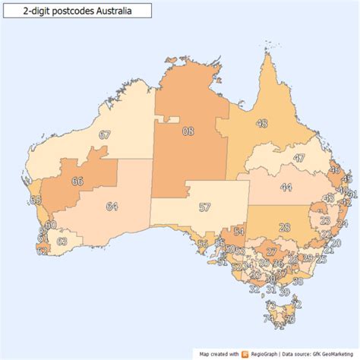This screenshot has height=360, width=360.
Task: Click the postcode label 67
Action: click(105, 134)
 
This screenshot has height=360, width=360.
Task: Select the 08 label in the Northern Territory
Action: click(188, 131)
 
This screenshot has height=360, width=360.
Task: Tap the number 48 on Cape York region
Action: click(262, 123)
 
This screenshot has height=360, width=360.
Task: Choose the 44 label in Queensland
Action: click(287, 187)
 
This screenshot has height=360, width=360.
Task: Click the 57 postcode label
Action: click(204, 207)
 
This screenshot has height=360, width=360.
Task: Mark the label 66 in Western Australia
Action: click(77, 182)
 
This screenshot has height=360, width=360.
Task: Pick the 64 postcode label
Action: click(112, 206)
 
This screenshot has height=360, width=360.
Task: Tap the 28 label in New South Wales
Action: click(284, 227)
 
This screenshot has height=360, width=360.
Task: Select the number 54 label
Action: click(238, 232)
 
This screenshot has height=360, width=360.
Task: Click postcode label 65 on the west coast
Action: click(35, 200)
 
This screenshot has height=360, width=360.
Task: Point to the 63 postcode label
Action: click(62, 241)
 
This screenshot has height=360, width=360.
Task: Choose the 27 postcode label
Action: click(270, 251)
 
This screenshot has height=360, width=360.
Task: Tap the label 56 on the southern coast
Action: click(202, 244)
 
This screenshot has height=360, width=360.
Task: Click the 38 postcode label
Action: click(297, 281)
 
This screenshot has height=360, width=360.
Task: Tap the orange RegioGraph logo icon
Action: click(245, 353)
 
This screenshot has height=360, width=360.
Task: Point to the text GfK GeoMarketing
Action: click(328, 353)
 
